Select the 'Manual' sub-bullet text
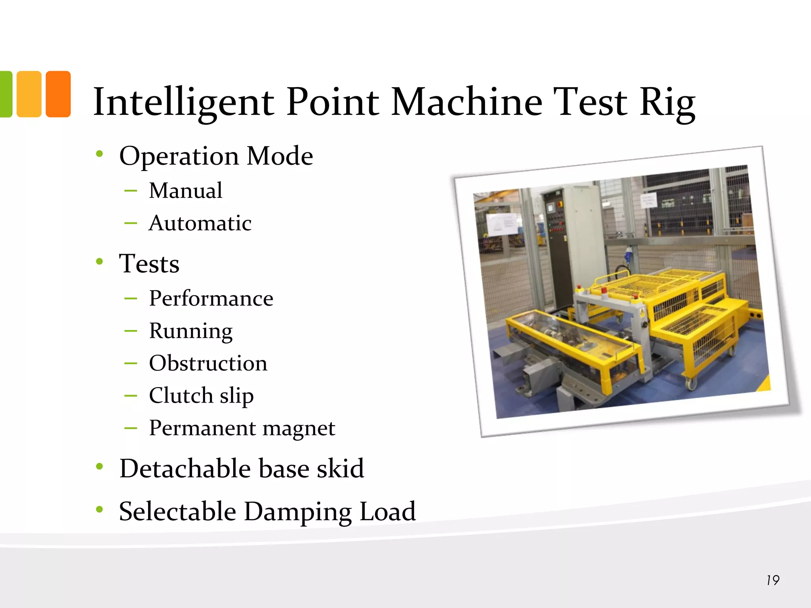click(x=185, y=190)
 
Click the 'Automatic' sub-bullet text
click(x=200, y=223)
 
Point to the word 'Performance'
click(x=211, y=298)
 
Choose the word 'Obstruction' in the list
click(x=208, y=363)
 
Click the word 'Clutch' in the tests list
click(x=181, y=395)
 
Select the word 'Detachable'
click(x=185, y=468)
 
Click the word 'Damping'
click(x=298, y=511)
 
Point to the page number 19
click(x=773, y=580)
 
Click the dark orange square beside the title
click(x=58, y=94)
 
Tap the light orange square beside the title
click(x=29, y=94)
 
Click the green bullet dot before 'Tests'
click(x=99, y=261)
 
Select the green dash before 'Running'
click(x=131, y=331)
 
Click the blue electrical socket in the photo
click(x=627, y=254)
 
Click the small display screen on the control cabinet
click(x=550, y=208)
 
